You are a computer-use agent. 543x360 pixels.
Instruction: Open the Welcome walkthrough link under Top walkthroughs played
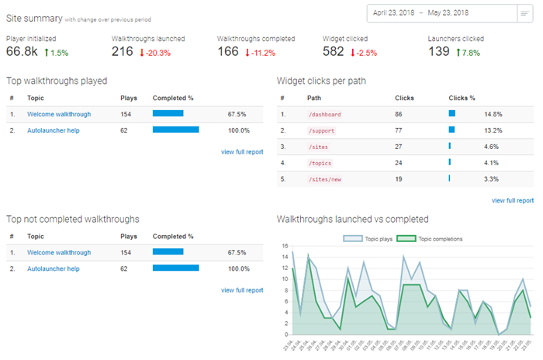click(59, 114)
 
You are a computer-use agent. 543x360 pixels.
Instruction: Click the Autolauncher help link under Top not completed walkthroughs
click(54, 268)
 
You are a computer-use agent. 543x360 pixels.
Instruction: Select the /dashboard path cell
click(324, 114)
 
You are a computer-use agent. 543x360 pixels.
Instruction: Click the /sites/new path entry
click(324, 179)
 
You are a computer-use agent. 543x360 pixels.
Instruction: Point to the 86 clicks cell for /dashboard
click(399, 114)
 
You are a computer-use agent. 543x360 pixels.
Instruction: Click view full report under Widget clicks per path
click(513, 200)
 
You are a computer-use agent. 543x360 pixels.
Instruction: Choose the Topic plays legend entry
click(367, 238)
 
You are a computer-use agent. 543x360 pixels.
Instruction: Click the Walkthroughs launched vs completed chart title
click(353, 220)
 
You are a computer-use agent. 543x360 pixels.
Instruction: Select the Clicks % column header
click(462, 98)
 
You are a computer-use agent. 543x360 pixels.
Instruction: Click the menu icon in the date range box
click(524, 13)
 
